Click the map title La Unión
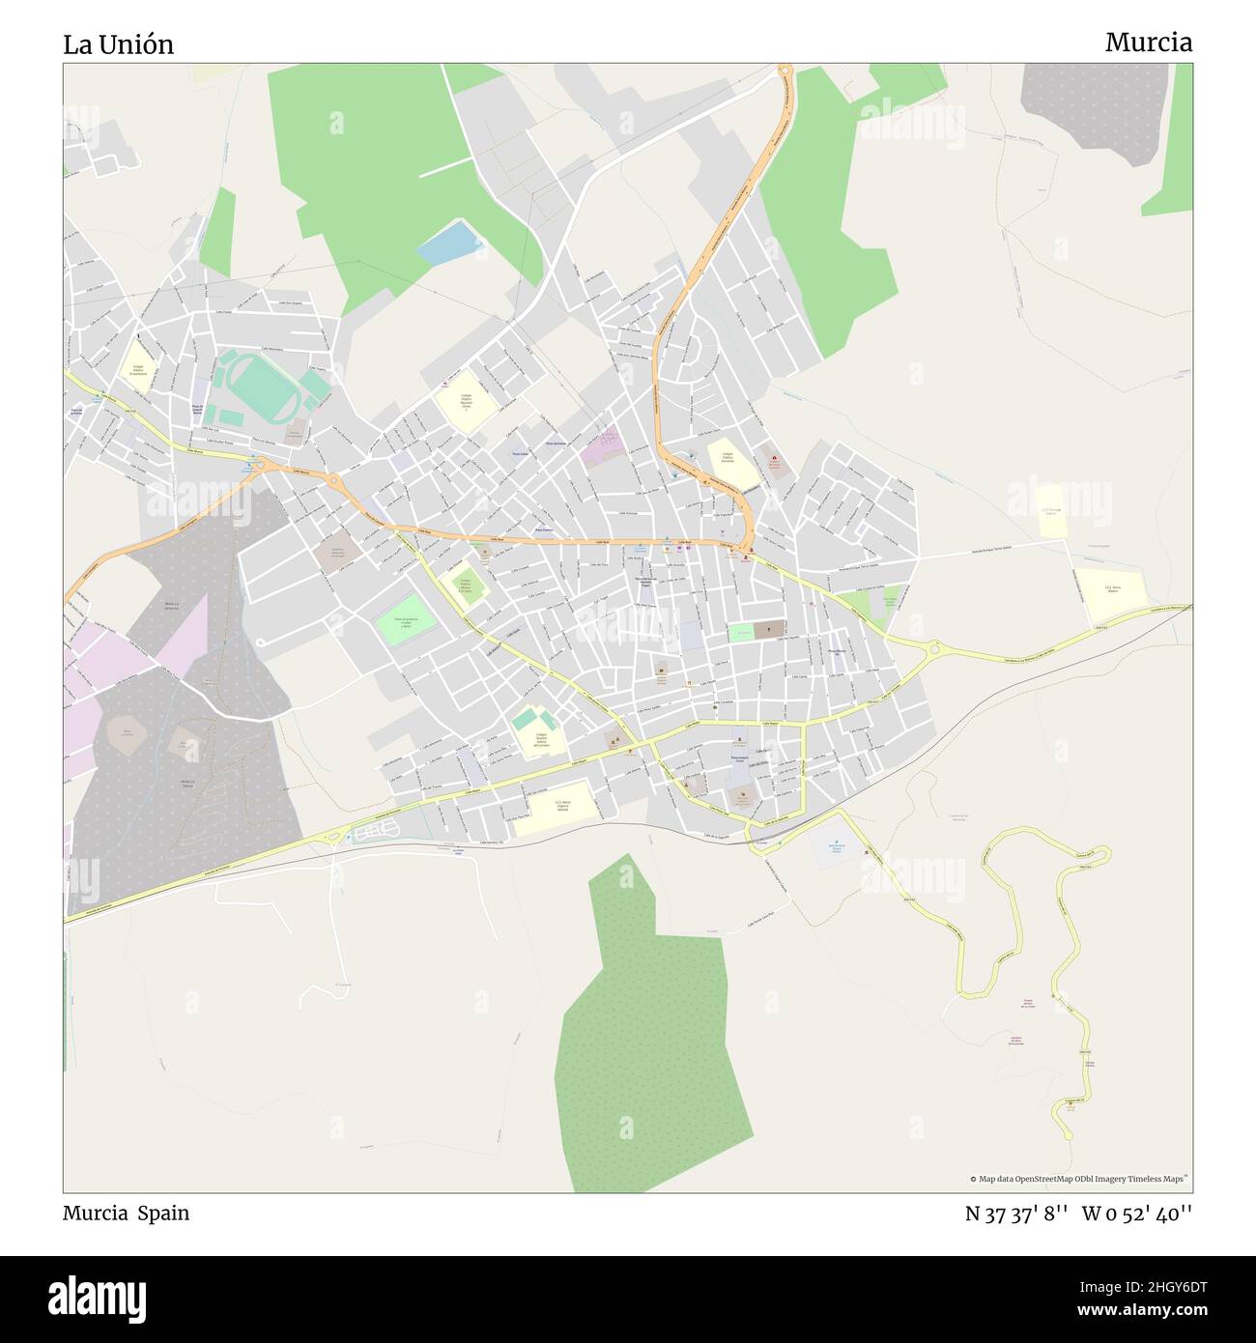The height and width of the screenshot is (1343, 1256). point(118,44)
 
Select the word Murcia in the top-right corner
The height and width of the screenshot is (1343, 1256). point(1148,43)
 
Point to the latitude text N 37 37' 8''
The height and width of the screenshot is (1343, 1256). point(1015,1214)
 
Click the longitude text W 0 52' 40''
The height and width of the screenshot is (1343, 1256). point(1136,1214)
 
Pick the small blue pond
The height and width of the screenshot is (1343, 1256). point(448,242)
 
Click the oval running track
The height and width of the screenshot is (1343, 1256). point(260,386)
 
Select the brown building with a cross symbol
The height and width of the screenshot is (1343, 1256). point(769,631)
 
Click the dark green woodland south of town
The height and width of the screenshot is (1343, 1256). point(647,1034)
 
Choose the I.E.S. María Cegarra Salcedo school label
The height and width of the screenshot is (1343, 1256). point(562,805)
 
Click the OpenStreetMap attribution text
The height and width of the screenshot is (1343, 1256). point(1079,1179)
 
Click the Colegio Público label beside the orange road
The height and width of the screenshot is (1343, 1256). point(728,458)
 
